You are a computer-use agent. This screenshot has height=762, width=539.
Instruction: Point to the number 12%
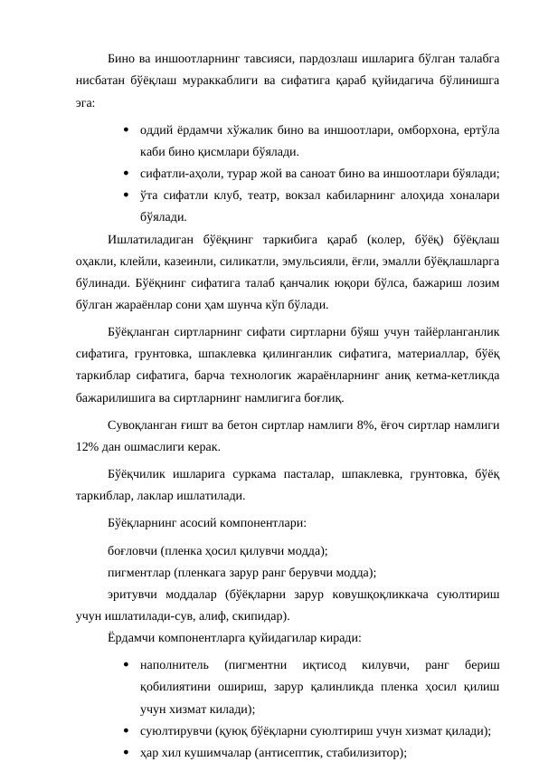[90, 447]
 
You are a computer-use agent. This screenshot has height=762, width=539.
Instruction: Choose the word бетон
[222, 425]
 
